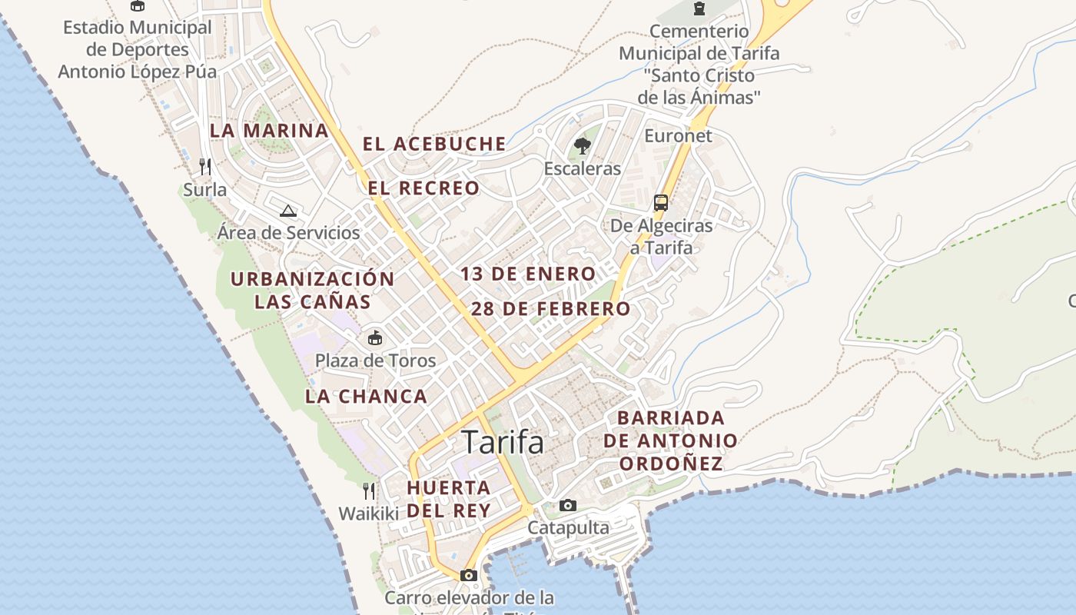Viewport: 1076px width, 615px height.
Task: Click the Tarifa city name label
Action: pyautogui.click(x=503, y=443)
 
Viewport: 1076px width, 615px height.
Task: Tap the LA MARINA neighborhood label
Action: pyautogui.click(x=269, y=131)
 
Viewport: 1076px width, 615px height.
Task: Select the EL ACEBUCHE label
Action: pyautogui.click(x=434, y=144)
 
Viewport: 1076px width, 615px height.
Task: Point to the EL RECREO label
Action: pyautogui.click(x=423, y=188)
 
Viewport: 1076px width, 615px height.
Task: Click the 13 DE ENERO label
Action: pyautogui.click(x=528, y=274)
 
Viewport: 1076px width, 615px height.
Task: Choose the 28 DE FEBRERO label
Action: pyautogui.click(x=550, y=309)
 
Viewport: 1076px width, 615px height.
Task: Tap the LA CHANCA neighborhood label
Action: pyautogui.click(x=366, y=397)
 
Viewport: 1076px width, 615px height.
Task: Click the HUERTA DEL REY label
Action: pyautogui.click(x=449, y=499)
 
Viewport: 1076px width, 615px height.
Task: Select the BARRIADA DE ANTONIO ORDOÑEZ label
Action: pyautogui.click(x=671, y=440)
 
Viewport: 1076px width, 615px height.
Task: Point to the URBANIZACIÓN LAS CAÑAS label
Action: pyautogui.click(x=313, y=290)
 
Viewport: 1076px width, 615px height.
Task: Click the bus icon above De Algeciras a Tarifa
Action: pyautogui.click(x=660, y=203)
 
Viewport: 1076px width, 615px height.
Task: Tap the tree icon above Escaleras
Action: pyautogui.click(x=582, y=145)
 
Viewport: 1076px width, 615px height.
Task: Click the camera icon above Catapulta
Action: pyautogui.click(x=568, y=505)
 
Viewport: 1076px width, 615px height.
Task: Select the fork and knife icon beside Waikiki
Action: pyautogui.click(x=369, y=490)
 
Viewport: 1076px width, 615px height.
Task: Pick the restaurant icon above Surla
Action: pyautogui.click(x=205, y=166)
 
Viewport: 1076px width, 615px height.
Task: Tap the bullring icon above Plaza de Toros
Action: pyautogui.click(x=375, y=337)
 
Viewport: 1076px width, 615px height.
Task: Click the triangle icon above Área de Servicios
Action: pyautogui.click(x=288, y=211)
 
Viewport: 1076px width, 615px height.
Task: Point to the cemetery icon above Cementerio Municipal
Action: pyautogui.click(x=699, y=8)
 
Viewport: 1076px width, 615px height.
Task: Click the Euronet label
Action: pyautogui.click(x=679, y=136)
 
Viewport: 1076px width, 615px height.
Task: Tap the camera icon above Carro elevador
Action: pyautogui.click(x=468, y=575)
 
